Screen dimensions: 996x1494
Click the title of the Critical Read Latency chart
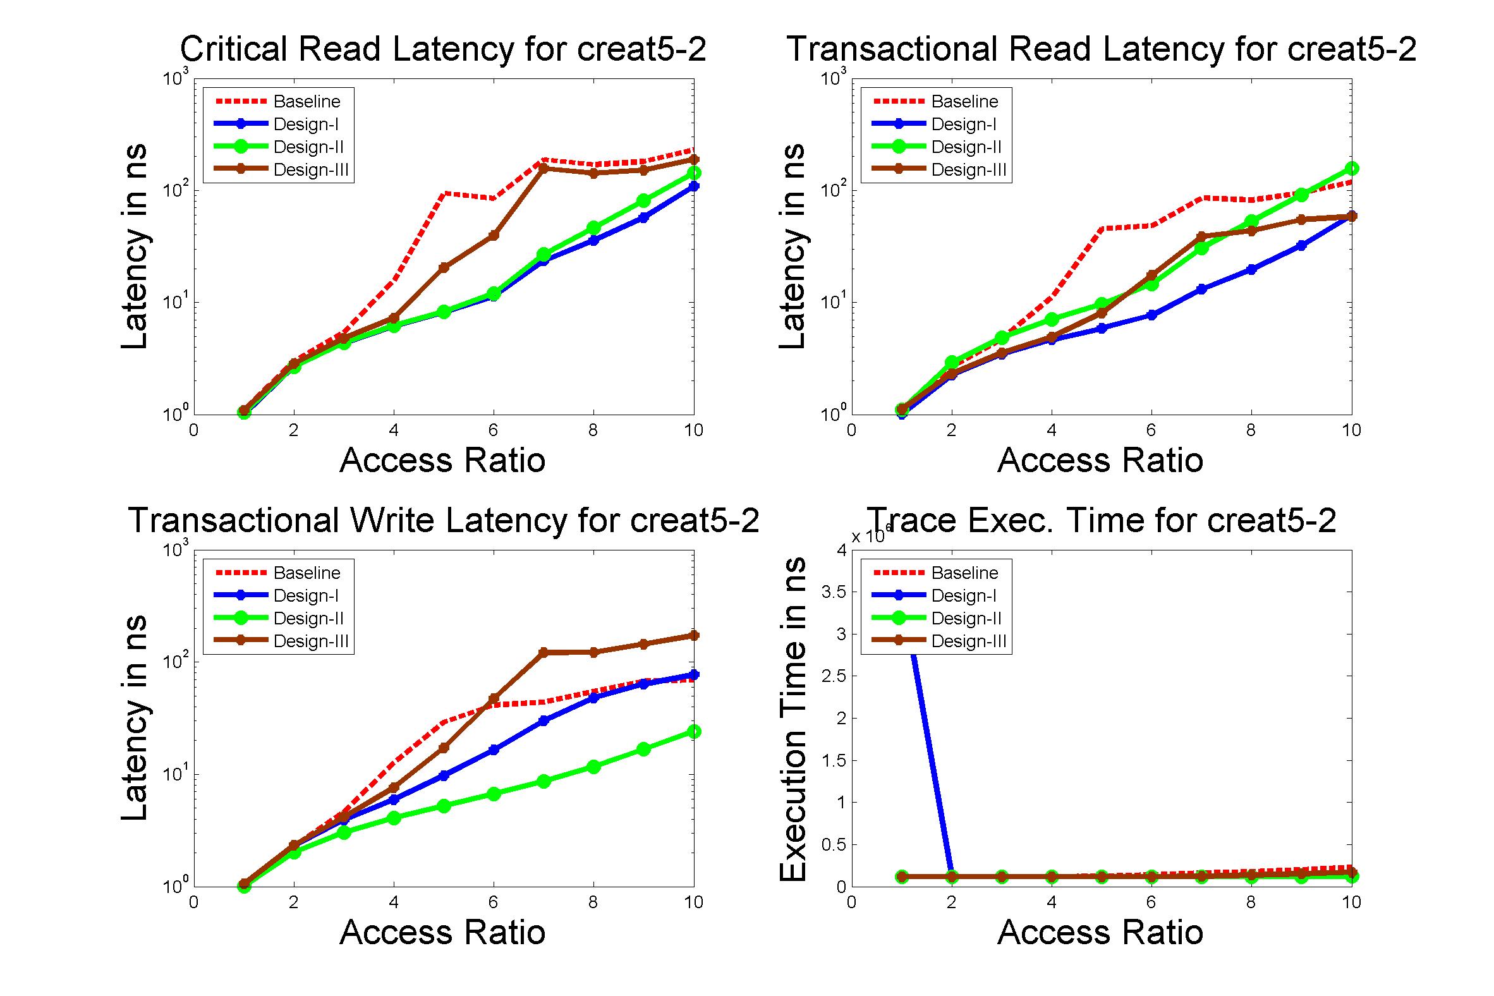pyautogui.click(x=443, y=49)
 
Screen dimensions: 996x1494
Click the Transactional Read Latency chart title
pyautogui.click(x=1102, y=49)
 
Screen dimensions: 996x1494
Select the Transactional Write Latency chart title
pyautogui.click(x=444, y=520)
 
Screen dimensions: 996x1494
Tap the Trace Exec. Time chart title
pyautogui.click(x=1102, y=520)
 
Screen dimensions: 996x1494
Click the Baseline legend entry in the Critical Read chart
pyautogui.click(x=307, y=102)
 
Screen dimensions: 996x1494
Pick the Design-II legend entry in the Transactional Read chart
pyautogui.click(x=966, y=147)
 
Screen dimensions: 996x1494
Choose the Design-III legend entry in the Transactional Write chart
pyautogui.click(x=310, y=641)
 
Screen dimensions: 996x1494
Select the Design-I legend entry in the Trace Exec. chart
pyautogui.click(x=963, y=596)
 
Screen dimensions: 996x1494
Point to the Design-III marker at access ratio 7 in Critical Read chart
pyautogui.click(x=543, y=168)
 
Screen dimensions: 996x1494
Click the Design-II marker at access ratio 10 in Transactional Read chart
pyautogui.click(x=1351, y=168)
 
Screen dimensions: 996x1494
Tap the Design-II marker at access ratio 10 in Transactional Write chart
pyautogui.click(x=694, y=732)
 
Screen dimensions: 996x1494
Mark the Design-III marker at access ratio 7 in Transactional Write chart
pyautogui.click(x=543, y=652)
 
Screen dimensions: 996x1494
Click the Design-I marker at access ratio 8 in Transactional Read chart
pyautogui.click(x=1251, y=269)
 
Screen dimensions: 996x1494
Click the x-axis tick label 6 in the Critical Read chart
pyautogui.click(x=493, y=430)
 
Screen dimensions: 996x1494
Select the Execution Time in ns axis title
pyautogui.click(x=793, y=719)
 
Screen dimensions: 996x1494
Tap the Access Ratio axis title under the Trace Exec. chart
pyautogui.click(x=1100, y=932)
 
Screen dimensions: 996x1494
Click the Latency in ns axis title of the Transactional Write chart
pyautogui.click(x=135, y=719)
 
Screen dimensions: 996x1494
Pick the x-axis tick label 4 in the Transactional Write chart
pyautogui.click(x=393, y=902)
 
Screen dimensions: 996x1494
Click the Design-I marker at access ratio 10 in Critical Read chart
pyautogui.click(x=694, y=186)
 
